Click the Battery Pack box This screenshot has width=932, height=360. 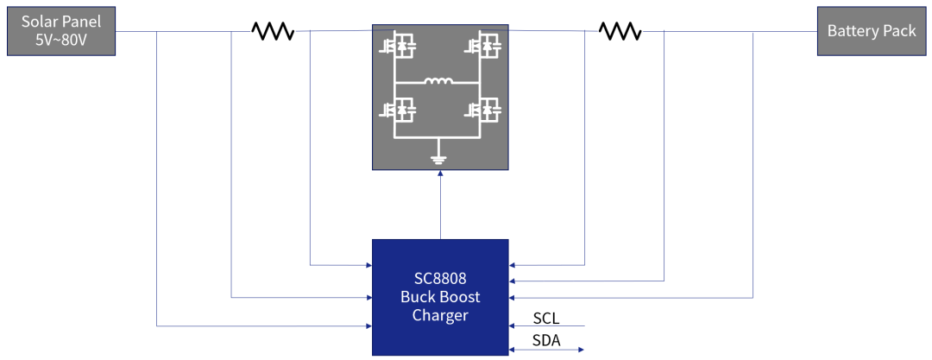(x=872, y=31)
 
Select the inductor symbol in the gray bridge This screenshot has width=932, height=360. (x=438, y=82)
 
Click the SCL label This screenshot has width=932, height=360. (x=546, y=318)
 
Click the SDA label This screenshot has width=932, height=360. (x=546, y=340)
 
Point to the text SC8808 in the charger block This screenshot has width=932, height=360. (x=440, y=278)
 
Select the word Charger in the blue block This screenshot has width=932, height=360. (x=440, y=316)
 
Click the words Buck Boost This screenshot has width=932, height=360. (x=440, y=297)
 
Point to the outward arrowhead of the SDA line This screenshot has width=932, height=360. (x=582, y=350)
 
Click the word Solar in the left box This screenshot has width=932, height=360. (x=40, y=22)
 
